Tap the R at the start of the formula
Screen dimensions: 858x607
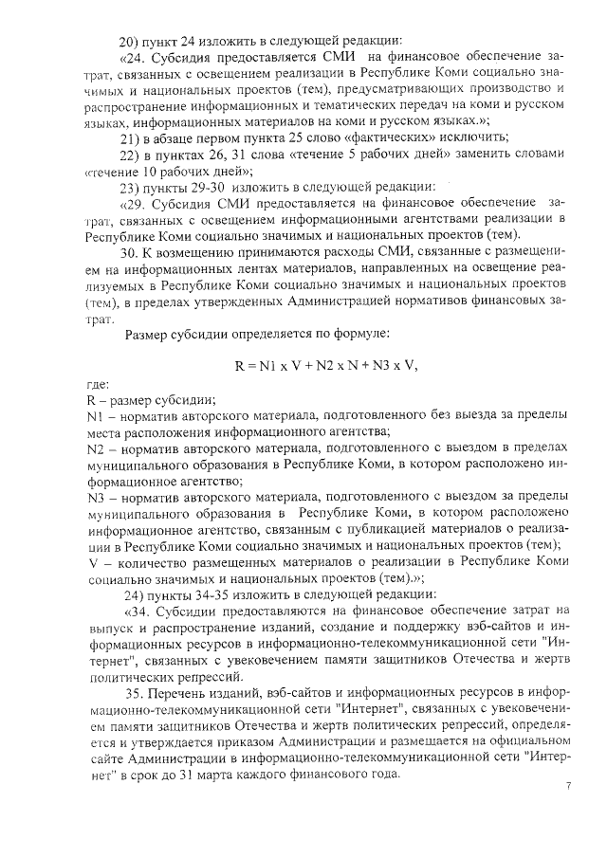point(240,365)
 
